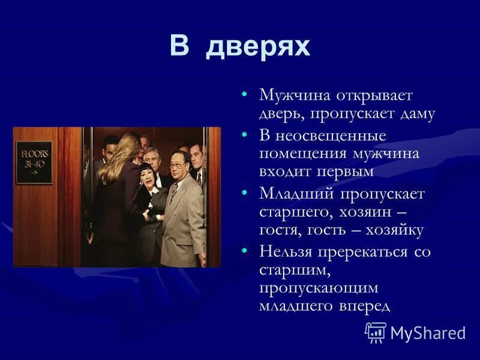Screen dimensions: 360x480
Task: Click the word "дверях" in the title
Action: (258, 47)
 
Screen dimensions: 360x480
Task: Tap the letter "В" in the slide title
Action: (179, 46)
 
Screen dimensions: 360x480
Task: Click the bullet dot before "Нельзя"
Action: (244, 251)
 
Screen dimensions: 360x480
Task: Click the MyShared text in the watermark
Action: (427, 333)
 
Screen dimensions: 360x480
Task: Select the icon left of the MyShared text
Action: (376, 332)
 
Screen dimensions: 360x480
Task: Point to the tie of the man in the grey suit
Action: (175, 191)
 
